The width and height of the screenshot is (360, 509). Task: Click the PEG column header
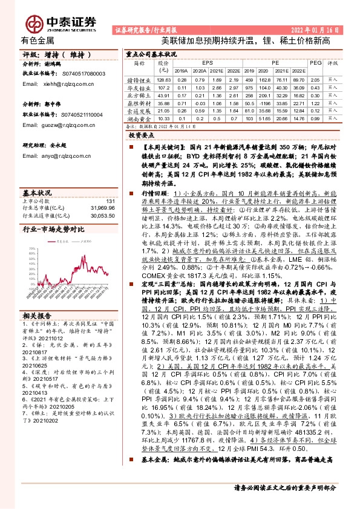(x=313, y=62)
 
